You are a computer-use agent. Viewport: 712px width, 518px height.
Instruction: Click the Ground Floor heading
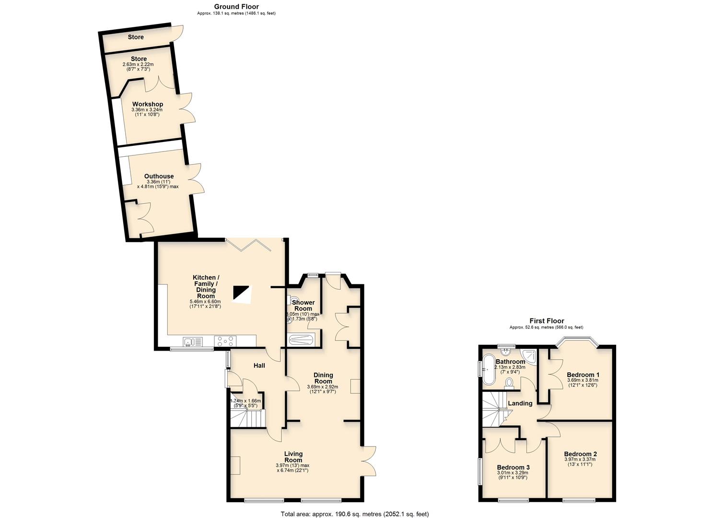click(236, 7)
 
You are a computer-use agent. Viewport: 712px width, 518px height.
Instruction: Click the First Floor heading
click(546, 321)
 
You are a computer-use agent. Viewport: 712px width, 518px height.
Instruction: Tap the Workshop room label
click(148, 104)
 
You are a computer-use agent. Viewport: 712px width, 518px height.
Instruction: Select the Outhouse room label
click(159, 176)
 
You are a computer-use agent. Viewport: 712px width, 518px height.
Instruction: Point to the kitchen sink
click(192, 341)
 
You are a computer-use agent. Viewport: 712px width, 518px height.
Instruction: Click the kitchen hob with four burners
click(225, 341)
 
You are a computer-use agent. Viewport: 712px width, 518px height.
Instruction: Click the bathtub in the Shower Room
click(300, 341)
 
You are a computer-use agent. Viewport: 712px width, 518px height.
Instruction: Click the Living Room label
click(293, 457)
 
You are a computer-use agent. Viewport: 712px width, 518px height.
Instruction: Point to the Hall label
click(259, 365)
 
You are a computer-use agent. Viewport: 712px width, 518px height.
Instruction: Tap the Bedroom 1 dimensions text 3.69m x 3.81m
click(583, 380)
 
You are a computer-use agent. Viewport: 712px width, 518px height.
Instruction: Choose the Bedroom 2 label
click(580, 454)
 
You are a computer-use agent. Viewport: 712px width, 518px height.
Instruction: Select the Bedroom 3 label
click(513, 467)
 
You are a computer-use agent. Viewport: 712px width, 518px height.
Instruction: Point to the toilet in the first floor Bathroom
click(509, 382)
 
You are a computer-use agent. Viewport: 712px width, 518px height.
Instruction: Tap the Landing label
click(520, 403)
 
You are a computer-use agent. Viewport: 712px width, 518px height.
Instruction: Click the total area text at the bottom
click(354, 514)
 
